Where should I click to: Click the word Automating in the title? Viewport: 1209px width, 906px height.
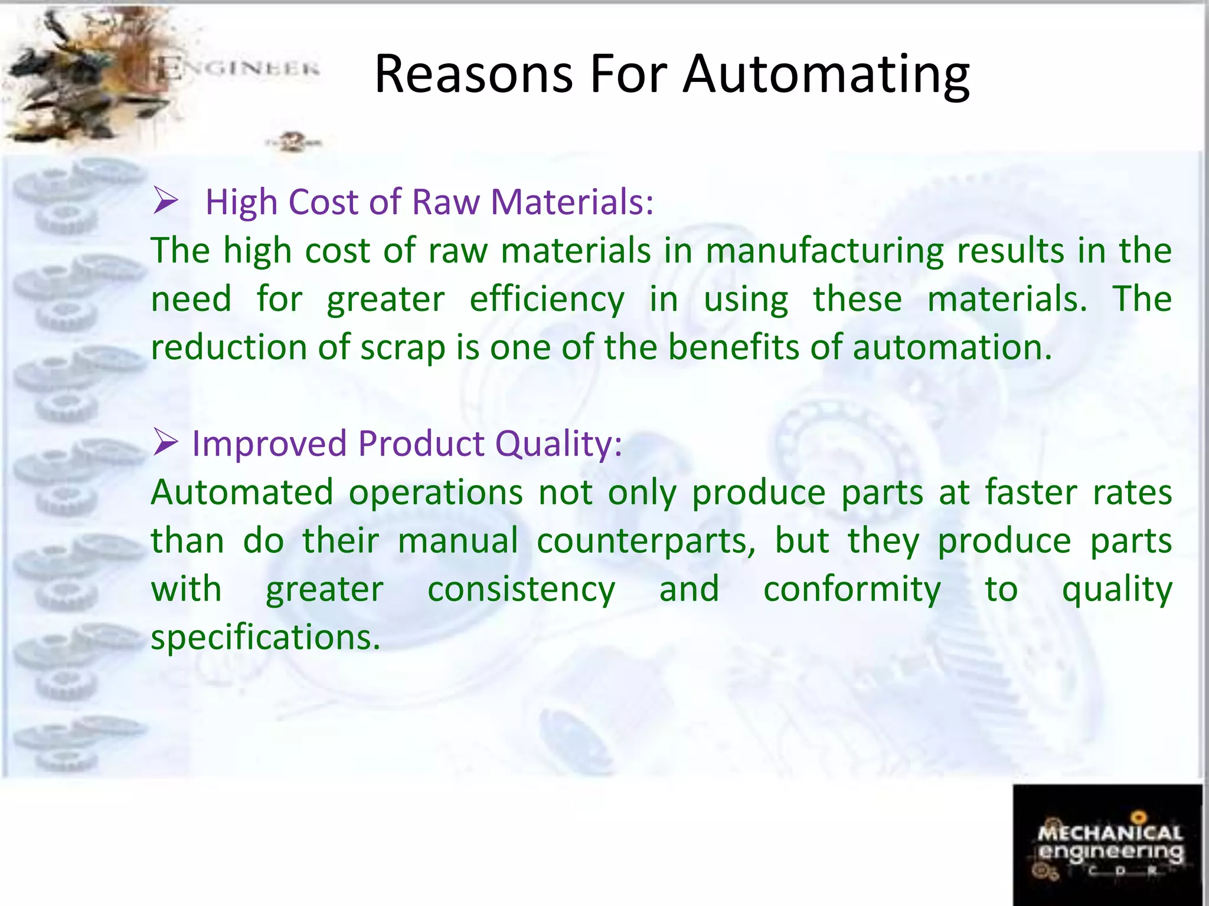[x=826, y=75]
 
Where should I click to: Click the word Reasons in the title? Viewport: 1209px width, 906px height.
[x=473, y=75]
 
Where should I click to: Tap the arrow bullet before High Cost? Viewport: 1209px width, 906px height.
[x=166, y=201]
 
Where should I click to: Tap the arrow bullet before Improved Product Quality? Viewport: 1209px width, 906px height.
[x=166, y=442]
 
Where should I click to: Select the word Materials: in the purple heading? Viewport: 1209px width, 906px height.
[x=572, y=202]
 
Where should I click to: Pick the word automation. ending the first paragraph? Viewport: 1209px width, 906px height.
[x=952, y=347]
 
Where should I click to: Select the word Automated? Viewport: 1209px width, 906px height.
[x=242, y=493]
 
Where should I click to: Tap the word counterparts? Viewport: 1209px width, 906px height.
[x=646, y=541]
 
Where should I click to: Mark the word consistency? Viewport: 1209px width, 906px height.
[x=521, y=590]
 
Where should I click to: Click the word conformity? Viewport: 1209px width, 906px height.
[x=852, y=590]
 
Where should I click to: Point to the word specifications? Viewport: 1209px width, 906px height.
[x=266, y=638]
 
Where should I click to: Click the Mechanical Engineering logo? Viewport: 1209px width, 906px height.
[x=1108, y=845]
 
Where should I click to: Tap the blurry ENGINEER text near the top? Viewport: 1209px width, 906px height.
[x=239, y=69]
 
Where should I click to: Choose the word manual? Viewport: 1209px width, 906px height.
[x=458, y=541]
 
